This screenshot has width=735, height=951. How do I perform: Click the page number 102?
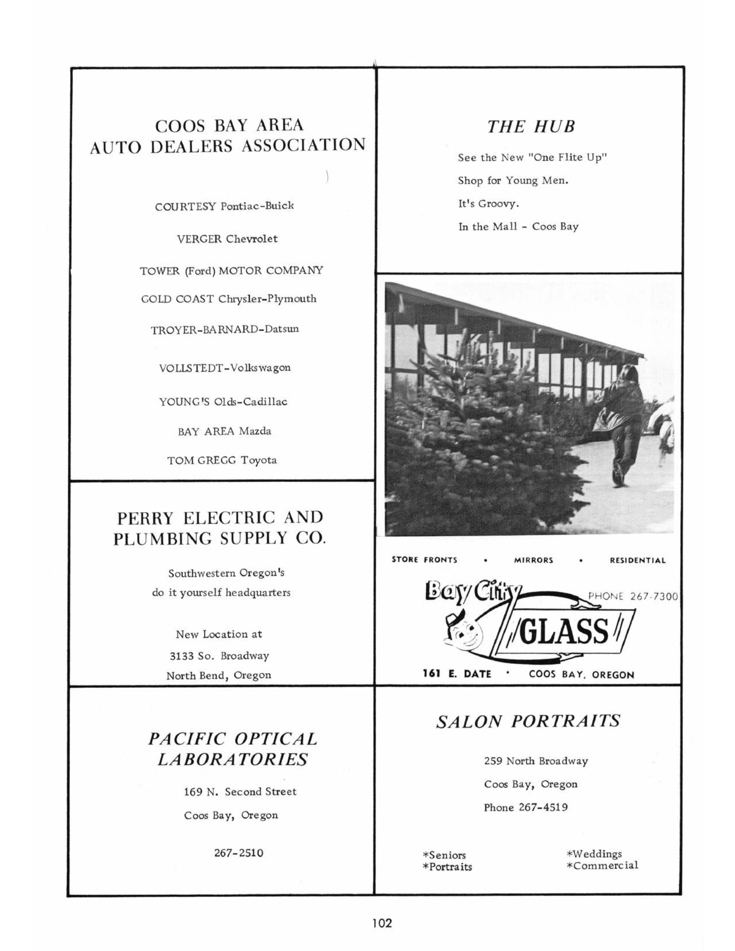[x=382, y=922]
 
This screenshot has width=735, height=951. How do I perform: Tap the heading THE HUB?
[x=531, y=127]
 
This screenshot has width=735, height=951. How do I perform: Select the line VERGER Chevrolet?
[x=227, y=239]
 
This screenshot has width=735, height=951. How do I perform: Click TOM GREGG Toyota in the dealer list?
[x=222, y=460]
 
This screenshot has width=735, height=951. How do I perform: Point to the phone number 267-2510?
[x=239, y=852]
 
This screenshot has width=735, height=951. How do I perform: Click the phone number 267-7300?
[x=633, y=596]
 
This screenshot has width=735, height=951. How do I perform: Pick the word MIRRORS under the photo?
[x=534, y=560]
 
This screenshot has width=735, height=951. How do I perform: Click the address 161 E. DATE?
[x=457, y=674]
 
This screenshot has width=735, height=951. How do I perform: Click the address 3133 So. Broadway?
[x=219, y=655]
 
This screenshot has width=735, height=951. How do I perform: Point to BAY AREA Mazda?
[x=224, y=431]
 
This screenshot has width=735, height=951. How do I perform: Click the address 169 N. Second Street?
[x=240, y=791]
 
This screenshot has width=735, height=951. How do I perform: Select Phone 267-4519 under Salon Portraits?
[x=526, y=807]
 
